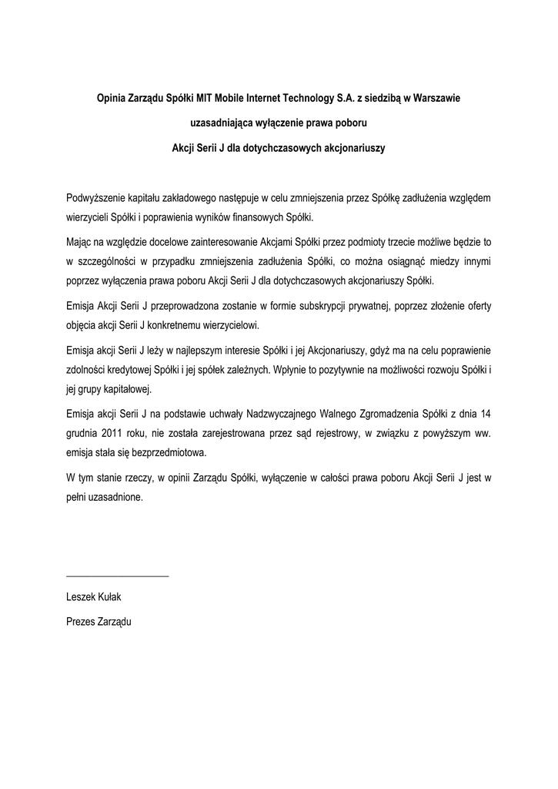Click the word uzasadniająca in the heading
(223, 122)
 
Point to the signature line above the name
(118, 576)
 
